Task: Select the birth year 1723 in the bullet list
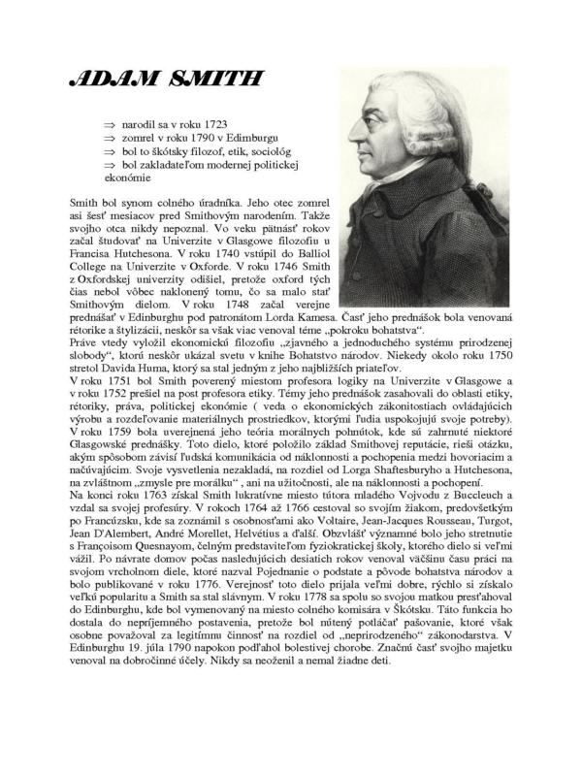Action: tap(213, 127)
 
